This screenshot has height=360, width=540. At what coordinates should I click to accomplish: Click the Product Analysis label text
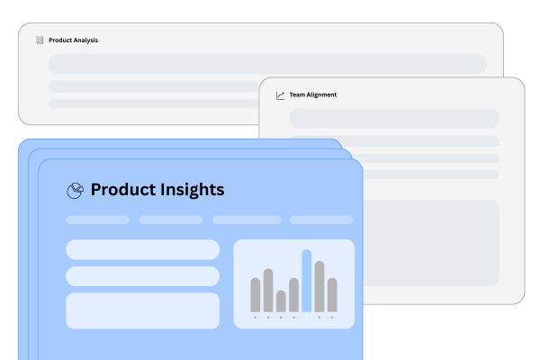[x=74, y=40]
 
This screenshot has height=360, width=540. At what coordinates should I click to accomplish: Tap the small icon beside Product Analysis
[x=40, y=40]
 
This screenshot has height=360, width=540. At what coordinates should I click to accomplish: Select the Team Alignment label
[x=313, y=94]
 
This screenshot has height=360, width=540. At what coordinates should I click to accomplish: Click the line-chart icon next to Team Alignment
[x=280, y=95]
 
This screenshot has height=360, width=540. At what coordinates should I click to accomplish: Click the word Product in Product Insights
[x=123, y=190]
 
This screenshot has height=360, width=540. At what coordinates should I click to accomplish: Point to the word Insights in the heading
[x=193, y=190]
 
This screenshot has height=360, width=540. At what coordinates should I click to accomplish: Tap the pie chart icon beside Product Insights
[x=75, y=191]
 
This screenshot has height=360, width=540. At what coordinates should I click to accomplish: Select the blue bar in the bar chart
[x=307, y=281]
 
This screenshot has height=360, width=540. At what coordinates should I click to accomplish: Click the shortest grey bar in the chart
[x=281, y=301]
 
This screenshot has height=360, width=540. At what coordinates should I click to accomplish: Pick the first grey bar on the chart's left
[x=256, y=295]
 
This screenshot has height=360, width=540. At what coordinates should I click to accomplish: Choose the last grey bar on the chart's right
[x=332, y=295]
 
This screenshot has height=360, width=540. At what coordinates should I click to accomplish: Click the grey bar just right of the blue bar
[x=319, y=286]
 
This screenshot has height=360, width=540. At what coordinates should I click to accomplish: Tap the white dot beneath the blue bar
[x=307, y=318]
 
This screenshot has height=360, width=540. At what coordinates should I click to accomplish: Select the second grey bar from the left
[x=268, y=291]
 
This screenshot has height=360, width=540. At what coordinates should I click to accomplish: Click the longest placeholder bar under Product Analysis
[x=267, y=64]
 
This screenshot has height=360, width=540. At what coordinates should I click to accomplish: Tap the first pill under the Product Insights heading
[x=97, y=220]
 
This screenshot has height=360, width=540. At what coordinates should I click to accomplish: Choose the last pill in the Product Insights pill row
[x=321, y=220]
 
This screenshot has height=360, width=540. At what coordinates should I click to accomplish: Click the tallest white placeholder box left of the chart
[x=142, y=310]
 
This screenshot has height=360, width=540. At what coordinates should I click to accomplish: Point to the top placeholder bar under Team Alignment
[x=394, y=119]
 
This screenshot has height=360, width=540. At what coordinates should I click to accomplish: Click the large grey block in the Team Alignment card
[x=431, y=243]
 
